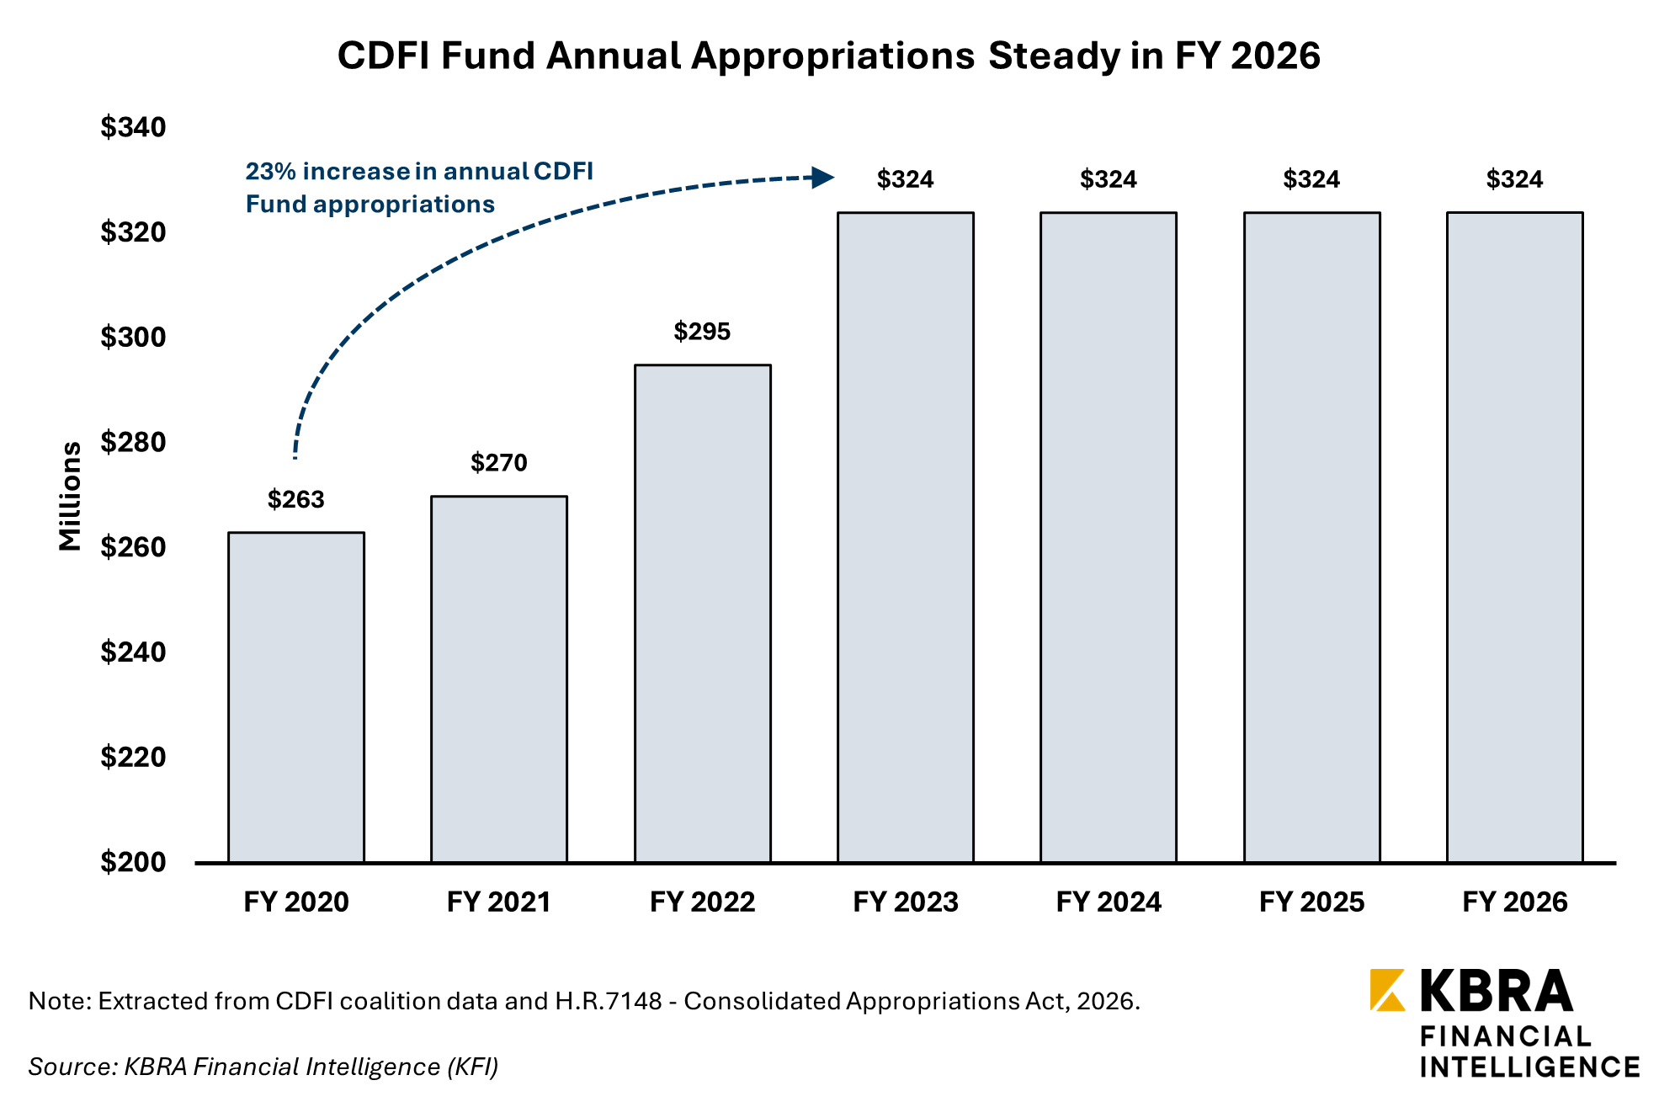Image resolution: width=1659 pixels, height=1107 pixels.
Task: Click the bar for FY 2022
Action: [x=703, y=614]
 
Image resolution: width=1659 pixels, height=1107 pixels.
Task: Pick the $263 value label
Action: [x=296, y=500]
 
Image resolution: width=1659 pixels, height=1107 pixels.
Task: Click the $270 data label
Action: [x=499, y=463]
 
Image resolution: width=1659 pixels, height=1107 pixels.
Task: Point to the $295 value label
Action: [x=702, y=332]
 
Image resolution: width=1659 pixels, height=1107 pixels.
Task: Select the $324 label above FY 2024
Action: [x=1109, y=179]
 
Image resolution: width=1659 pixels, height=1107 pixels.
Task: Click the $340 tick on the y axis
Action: [x=133, y=127]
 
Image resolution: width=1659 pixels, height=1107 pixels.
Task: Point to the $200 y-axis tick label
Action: [x=133, y=862]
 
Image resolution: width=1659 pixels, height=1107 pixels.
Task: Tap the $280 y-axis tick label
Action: [x=133, y=442]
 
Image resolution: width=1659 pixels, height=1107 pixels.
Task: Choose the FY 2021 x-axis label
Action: [x=499, y=902]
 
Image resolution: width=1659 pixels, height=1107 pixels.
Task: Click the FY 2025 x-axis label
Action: [x=1311, y=902]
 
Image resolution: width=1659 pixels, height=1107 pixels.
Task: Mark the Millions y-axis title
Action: [x=71, y=497]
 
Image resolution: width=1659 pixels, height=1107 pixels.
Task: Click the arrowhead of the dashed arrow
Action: [x=822, y=178]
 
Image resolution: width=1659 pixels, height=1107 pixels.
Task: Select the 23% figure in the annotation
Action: [x=270, y=172]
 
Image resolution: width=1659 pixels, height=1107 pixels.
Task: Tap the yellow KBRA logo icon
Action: [x=1387, y=990]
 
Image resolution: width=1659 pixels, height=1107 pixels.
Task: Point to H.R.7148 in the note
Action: [x=609, y=1002]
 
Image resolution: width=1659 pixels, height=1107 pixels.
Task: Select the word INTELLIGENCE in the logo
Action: [x=1529, y=1067]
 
